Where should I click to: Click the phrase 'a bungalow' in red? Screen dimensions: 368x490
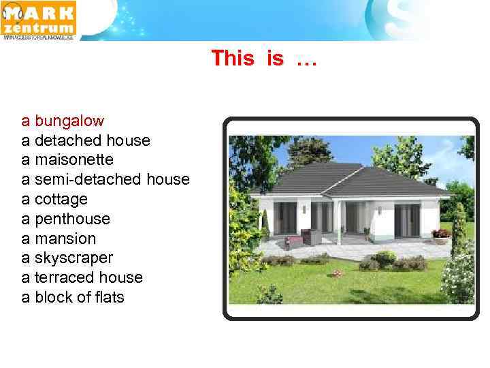[63, 121]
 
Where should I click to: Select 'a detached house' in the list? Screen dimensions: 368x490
[86, 140]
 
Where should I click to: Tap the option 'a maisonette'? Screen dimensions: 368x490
[67, 159]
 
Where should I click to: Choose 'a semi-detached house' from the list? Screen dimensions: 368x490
[105, 179]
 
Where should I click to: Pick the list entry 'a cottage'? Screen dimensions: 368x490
[54, 199]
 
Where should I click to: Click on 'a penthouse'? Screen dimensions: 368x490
[65, 219]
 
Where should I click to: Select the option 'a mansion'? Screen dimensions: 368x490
[59, 239]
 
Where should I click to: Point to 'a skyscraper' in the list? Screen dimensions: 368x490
[67, 258]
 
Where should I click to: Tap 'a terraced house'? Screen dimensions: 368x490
[82, 277]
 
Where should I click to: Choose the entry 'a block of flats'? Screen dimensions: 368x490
[73, 297]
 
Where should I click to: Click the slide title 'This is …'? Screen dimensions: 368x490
[263, 59]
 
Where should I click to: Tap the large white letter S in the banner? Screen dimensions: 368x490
[398, 19]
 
